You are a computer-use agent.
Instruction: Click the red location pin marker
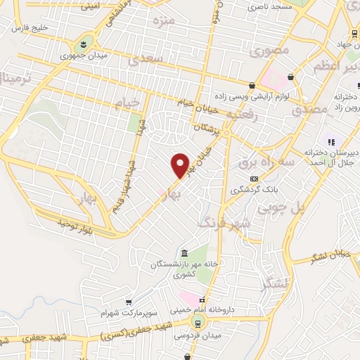(x=181, y=165)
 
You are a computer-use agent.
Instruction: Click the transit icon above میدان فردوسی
(x=198, y=323)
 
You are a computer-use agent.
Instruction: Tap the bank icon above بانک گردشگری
(x=254, y=179)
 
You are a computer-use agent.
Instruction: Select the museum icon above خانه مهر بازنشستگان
(x=184, y=253)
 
